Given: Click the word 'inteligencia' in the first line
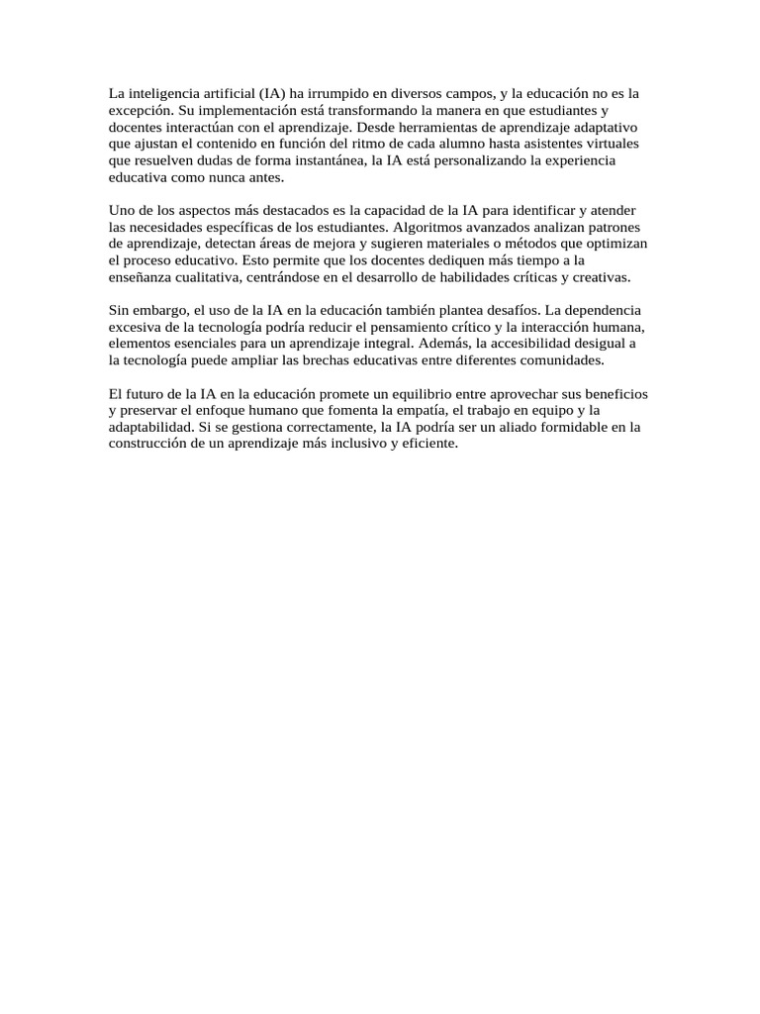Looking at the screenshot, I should [x=161, y=93].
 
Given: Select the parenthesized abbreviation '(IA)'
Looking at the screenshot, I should [x=271, y=93].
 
